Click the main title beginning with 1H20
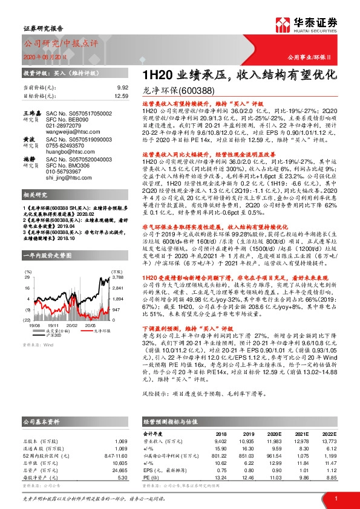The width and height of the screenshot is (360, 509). coord(241,76)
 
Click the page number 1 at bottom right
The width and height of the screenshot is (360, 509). coord(335,498)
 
